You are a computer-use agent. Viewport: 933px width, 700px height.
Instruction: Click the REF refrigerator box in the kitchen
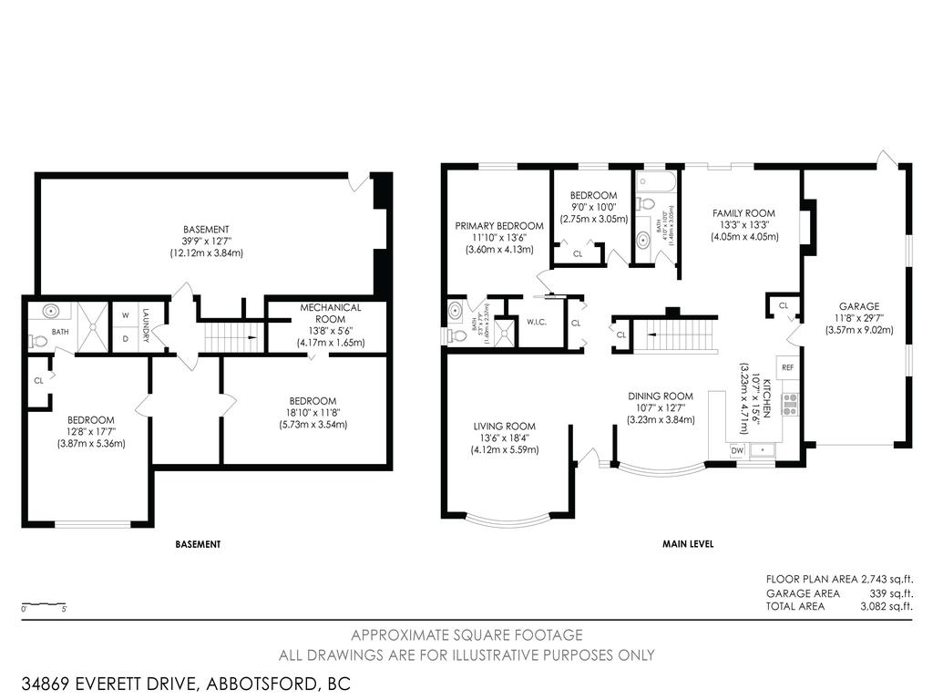click(x=787, y=367)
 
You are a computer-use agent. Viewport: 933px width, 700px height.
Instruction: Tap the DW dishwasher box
click(x=736, y=450)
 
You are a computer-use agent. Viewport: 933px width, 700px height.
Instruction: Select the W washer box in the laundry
click(x=124, y=315)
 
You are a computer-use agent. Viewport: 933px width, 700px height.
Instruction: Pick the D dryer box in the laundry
click(x=124, y=338)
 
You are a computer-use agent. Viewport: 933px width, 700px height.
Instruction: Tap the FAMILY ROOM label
click(x=743, y=212)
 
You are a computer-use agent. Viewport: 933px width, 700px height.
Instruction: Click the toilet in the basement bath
click(x=38, y=341)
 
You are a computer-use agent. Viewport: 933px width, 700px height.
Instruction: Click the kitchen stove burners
click(x=789, y=404)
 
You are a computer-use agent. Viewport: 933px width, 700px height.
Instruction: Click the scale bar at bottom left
click(x=44, y=604)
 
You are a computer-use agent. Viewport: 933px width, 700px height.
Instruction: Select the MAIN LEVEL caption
click(x=687, y=544)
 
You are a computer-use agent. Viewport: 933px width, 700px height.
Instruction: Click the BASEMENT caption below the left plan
click(x=198, y=544)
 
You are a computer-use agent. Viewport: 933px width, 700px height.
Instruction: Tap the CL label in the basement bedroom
click(x=38, y=381)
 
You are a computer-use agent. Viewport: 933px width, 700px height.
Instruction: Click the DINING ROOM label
click(x=661, y=396)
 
